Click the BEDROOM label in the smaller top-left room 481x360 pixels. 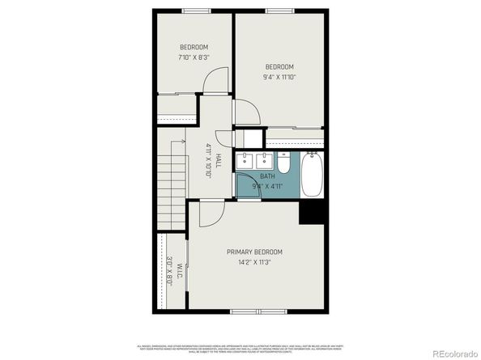point(194,47)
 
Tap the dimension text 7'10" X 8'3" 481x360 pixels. point(194,57)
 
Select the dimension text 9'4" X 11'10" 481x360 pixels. point(279,78)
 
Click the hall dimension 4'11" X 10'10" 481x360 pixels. point(208,160)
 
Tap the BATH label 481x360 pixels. point(267,176)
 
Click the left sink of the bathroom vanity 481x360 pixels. point(246,160)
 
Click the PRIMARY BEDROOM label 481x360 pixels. point(254,252)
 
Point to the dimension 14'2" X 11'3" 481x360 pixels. point(254,262)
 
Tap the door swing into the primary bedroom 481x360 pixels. point(207,213)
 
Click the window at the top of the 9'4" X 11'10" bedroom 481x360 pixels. point(279,11)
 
